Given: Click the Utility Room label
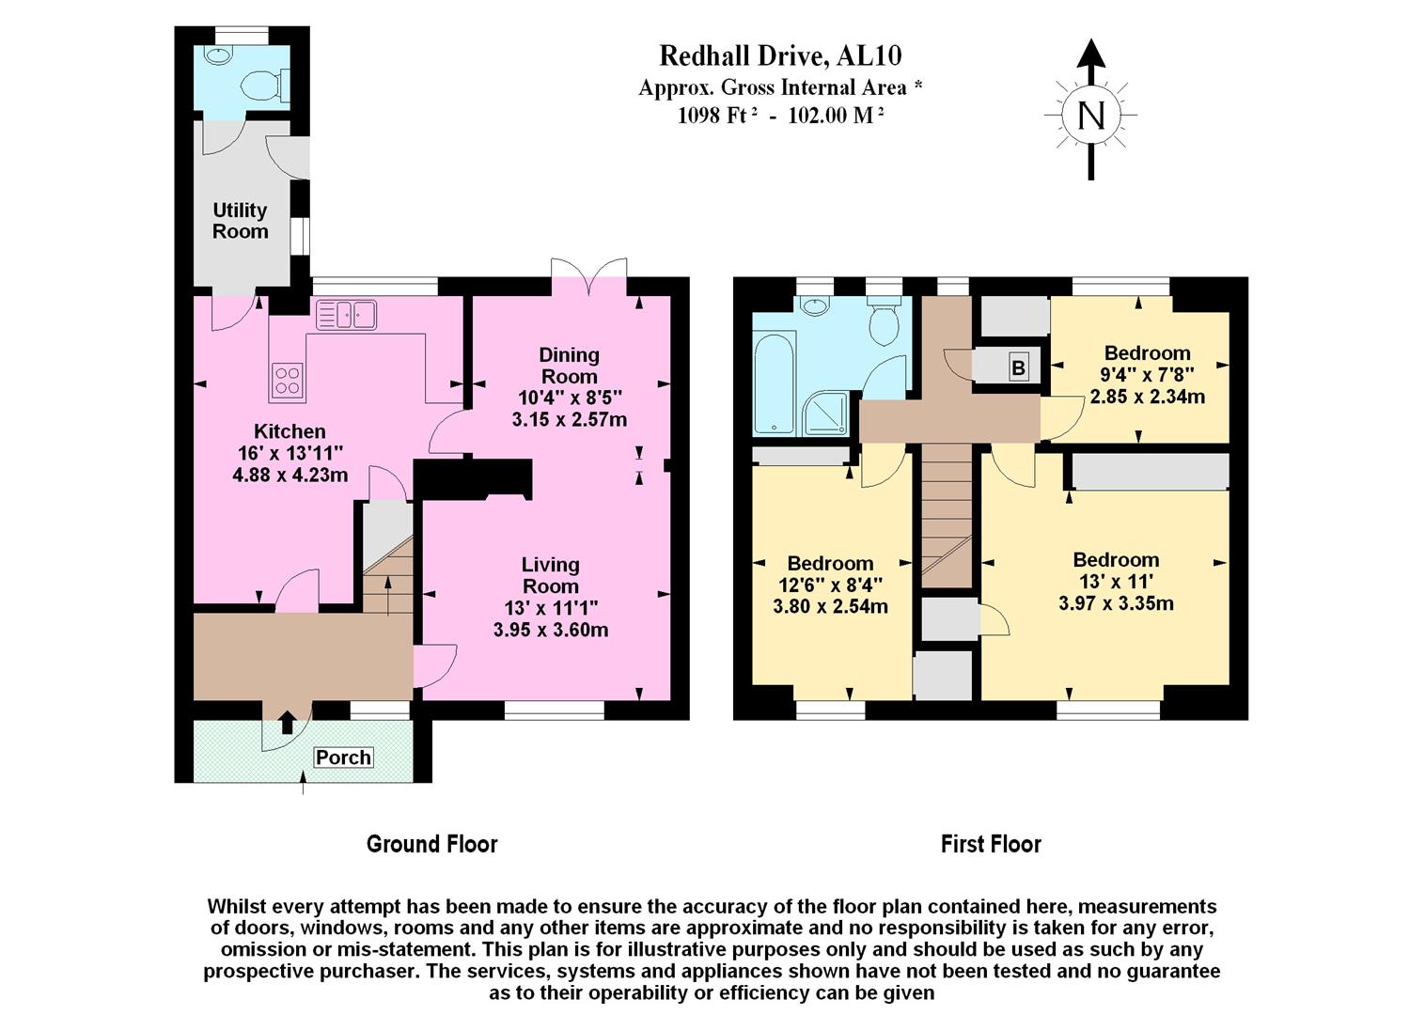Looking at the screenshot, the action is (x=240, y=221).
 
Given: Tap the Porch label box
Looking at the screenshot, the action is (x=343, y=757).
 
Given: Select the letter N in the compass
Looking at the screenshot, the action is (x=1090, y=116).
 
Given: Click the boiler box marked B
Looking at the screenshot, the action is (x=1018, y=367).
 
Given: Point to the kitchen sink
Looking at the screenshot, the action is (x=346, y=315).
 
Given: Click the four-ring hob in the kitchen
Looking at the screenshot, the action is (x=287, y=379).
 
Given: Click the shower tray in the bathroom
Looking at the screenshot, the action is (x=826, y=414).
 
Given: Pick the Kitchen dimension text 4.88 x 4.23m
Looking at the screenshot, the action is (x=290, y=475).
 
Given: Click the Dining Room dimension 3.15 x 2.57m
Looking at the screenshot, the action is (x=569, y=419).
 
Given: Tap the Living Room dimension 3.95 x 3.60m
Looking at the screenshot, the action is (x=550, y=630).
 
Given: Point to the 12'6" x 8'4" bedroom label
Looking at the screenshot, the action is (x=830, y=585).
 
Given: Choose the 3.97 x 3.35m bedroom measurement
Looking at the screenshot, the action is (x=1116, y=603).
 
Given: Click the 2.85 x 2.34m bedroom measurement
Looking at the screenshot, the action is (x=1147, y=397).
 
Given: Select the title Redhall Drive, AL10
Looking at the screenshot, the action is (x=780, y=56).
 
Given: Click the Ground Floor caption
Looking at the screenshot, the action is (x=431, y=844).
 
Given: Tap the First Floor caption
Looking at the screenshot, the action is (x=991, y=844).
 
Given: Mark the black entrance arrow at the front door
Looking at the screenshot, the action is (x=288, y=722).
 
